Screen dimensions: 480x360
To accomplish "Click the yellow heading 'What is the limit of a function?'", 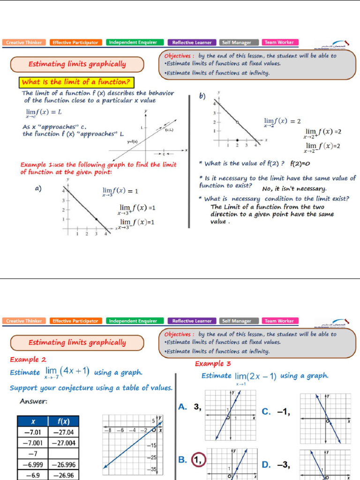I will click(x=76, y=83).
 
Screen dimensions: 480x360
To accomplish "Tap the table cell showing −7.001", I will click(x=33, y=443).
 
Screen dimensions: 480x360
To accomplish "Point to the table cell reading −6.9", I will click(x=33, y=475).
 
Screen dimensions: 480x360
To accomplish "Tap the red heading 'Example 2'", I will click(x=28, y=360).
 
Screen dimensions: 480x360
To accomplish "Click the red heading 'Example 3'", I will click(x=213, y=363).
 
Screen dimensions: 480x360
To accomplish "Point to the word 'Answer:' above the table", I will click(x=33, y=401).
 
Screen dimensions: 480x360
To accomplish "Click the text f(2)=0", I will click(x=300, y=164).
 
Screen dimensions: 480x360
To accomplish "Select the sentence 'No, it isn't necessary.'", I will click(x=294, y=188).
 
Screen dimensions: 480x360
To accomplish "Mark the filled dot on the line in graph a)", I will click(x=96, y=219).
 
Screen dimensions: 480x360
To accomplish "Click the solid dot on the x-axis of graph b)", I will click(x=237, y=140).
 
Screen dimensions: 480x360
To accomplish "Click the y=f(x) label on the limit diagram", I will click(x=132, y=141).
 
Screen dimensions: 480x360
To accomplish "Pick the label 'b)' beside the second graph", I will click(x=202, y=97).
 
